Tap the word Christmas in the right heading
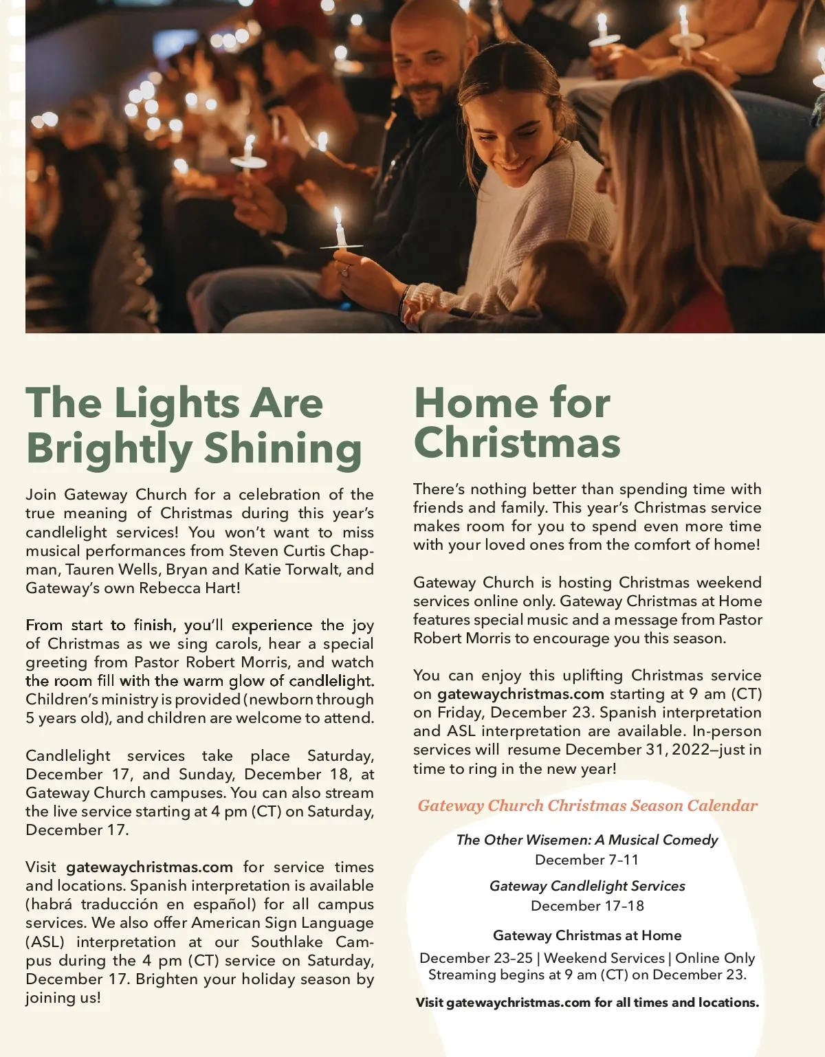[x=517, y=443]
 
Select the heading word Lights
[x=177, y=403]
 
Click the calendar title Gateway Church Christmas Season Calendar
[x=587, y=805]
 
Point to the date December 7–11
[x=587, y=860]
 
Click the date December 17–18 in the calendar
[x=587, y=906]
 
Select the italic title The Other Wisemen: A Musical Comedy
[x=587, y=840]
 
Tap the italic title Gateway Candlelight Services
[x=587, y=886]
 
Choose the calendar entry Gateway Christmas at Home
[x=587, y=935]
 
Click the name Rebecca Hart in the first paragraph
[x=189, y=588]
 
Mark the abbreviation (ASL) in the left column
[x=45, y=942]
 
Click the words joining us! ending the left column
[x=63, y=998]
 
